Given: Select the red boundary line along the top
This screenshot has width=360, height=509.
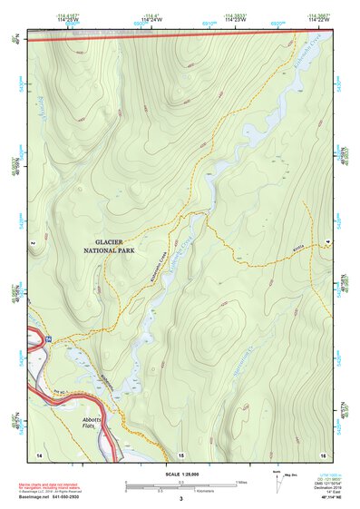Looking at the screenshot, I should [x=181, y=36].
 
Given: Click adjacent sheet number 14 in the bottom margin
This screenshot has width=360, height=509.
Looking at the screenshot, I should [x=39, y=453].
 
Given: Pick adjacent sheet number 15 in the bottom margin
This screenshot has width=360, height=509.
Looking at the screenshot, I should [x=180, y=453].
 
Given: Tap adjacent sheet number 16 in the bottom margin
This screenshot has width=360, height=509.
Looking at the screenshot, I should [x=321, y=453].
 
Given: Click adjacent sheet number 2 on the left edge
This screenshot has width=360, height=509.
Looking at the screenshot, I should [x=32, y=243].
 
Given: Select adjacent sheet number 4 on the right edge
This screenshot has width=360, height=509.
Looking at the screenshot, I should [x=327, y=243].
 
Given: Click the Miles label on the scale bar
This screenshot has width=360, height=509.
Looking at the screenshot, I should [x=240, y=482].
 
